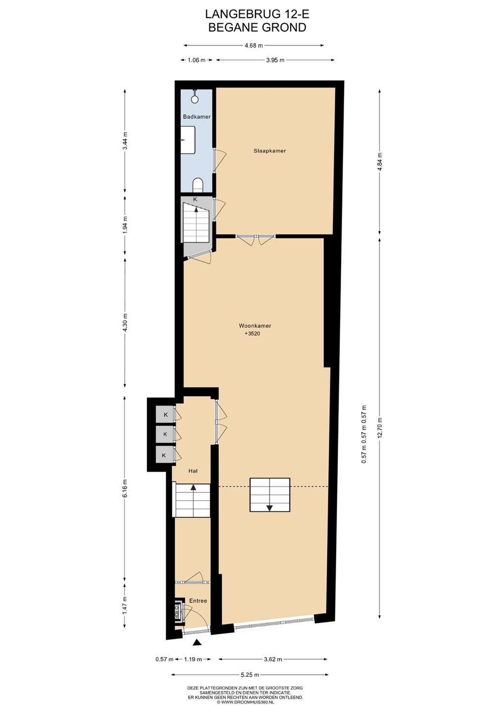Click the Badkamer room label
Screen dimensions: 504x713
[197, 117]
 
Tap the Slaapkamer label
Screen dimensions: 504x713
[269, 151]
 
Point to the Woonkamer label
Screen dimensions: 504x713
[255, 326]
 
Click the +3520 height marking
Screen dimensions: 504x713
[252, 334]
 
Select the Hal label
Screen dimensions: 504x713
[193, 471]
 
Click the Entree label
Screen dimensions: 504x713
[198, 601]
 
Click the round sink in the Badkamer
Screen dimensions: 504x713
[195, 98]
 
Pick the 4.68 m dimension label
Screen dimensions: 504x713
[253, 45]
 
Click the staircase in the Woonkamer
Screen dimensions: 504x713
[269, 495]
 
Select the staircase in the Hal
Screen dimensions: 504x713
[191, 501]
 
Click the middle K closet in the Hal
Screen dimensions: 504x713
[165, 434]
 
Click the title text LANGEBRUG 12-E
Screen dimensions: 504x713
[257, 14]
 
